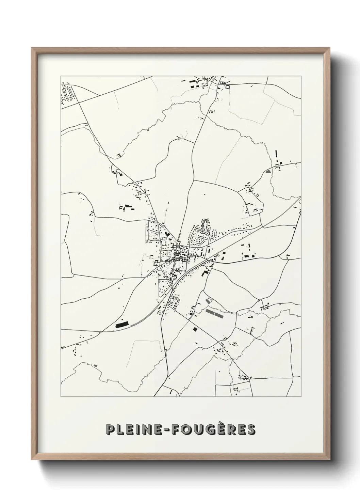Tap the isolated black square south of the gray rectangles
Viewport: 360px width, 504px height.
point(195,329)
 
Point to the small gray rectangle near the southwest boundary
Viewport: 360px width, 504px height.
point(95,366)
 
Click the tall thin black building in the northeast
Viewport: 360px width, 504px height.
point(276,155)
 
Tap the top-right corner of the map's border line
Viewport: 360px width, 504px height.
point(301,77)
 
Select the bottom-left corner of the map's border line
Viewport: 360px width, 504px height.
point(61,397)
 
